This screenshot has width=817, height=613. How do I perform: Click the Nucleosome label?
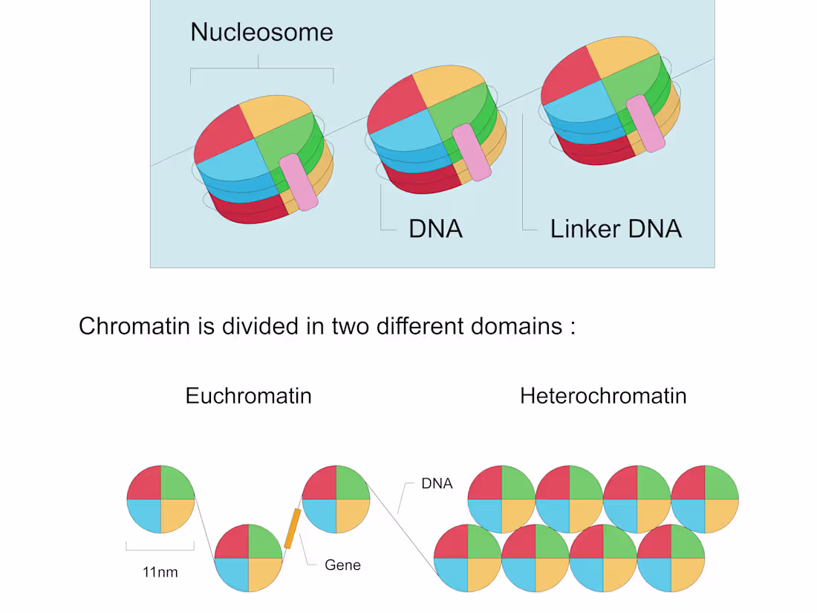[261, 32]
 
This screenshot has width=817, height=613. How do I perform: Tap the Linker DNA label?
[616, 229]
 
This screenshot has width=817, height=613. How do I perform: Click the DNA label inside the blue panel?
[435, 229]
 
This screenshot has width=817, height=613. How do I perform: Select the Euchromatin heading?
[249, 395]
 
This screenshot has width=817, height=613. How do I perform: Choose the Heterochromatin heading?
[603, 395]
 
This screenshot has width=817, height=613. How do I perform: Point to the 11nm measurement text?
[160, 572]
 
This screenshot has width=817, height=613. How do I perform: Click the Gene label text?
[342, 565]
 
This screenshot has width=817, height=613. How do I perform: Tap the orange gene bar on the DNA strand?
[293, 528]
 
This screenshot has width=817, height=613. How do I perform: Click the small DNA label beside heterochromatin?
[437, 484]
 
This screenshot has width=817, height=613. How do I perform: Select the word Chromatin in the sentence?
[134, 326]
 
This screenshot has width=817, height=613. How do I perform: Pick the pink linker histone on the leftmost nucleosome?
[299, 183]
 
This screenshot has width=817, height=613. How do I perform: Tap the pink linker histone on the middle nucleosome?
[472, 153]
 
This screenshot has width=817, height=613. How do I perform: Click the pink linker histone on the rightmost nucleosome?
[645, 124]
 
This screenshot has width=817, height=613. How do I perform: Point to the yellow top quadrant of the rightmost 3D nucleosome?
[622, 56]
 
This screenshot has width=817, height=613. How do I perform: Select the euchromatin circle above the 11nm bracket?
[160, 499]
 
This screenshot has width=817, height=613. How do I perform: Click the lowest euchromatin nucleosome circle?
[249, 558]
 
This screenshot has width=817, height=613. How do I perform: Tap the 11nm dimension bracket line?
[160, 549]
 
